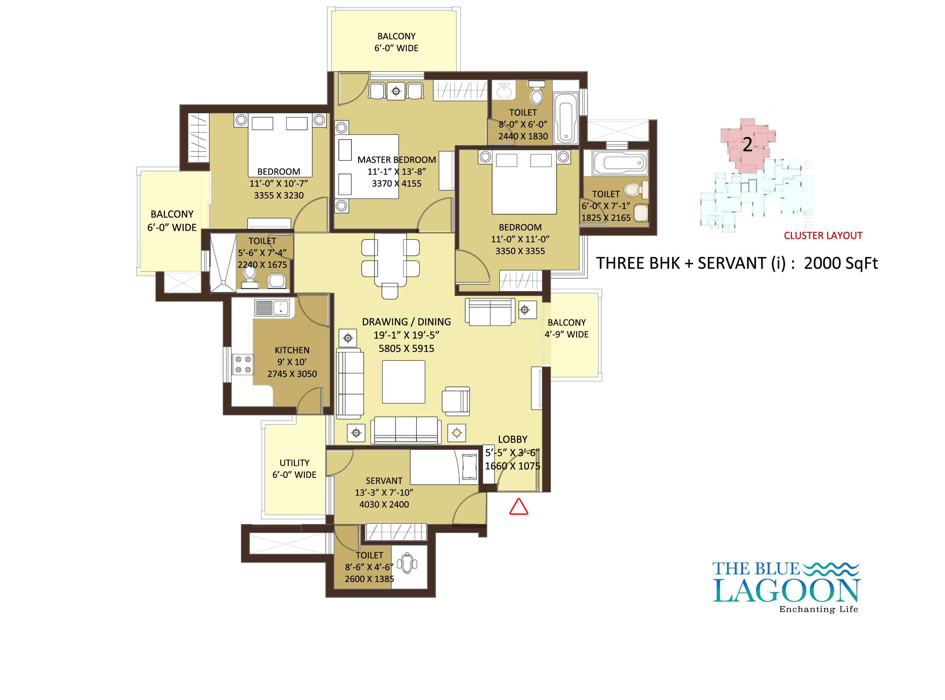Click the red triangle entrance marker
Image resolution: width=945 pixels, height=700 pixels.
[x=518, y=507]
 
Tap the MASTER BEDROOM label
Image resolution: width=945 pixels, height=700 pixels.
[x=396, y=160]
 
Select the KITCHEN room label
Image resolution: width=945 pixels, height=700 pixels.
[x=292, y=350]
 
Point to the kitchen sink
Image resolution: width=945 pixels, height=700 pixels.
[x=272, y=307]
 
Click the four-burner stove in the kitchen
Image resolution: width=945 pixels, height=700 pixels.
[x=243, y=364]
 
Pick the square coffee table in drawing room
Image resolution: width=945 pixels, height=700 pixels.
[x=404, y=382]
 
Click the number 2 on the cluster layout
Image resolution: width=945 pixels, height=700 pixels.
[x=747, y=145]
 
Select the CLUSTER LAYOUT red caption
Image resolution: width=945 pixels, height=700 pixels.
[x=823, y=236]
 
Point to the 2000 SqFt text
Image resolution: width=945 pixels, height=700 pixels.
[x=841, y=263]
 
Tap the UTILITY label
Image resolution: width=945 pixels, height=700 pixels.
[x=294, y=463]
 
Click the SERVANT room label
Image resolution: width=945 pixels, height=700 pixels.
[x=384, y=481]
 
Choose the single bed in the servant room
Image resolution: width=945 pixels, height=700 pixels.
[x=444, y=467]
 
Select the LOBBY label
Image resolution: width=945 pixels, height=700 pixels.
[x=512, y=439]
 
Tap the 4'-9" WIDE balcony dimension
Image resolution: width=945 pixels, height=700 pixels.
[x=566, y=334]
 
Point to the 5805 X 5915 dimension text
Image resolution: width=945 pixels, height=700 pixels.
[x=406, y=348]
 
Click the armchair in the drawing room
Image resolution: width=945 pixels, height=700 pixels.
[x=456, y=400]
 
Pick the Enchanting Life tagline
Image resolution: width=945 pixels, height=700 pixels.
[x=818, y=609]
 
